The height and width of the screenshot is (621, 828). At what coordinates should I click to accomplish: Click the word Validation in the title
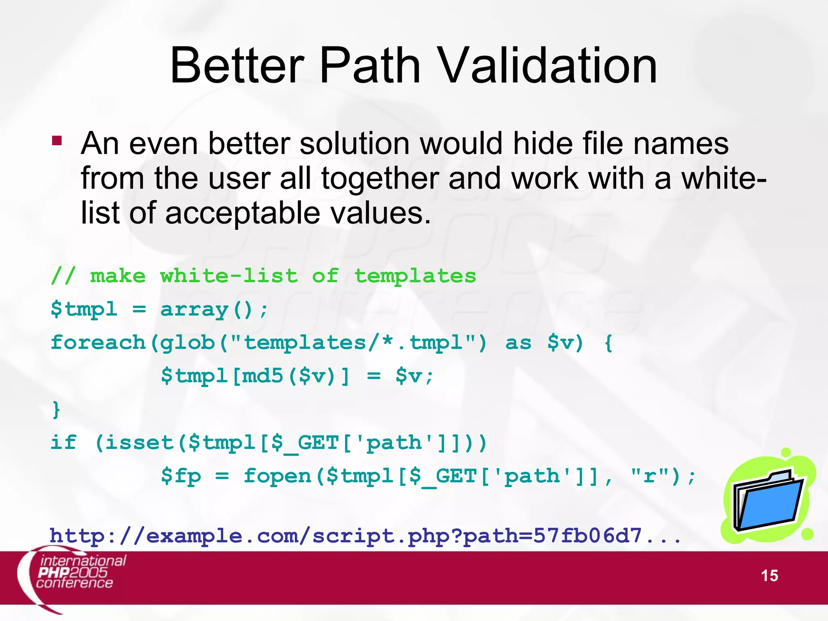[x=548, y=65]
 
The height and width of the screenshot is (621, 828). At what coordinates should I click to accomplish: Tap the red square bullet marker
[x=57, y=140]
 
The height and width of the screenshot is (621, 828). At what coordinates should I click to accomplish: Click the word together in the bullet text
[x=380, y=179]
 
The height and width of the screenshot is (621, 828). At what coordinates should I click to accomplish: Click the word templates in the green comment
[x=415, y=277]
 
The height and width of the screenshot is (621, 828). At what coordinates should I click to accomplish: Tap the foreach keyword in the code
[x=98, y=343]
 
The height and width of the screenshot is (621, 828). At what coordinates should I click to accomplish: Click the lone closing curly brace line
[x=56, y=410]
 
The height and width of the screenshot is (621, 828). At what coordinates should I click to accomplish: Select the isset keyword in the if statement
[x=139, y=443]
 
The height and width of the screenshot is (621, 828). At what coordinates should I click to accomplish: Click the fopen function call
[x=278, y=476]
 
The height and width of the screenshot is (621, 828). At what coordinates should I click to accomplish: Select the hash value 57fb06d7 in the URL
[x=587, y=536]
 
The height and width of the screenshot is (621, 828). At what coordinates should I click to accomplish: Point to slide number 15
[x=769, y=576]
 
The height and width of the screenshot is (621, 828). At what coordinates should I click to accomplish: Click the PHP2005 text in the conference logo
[x=73, y=572]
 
